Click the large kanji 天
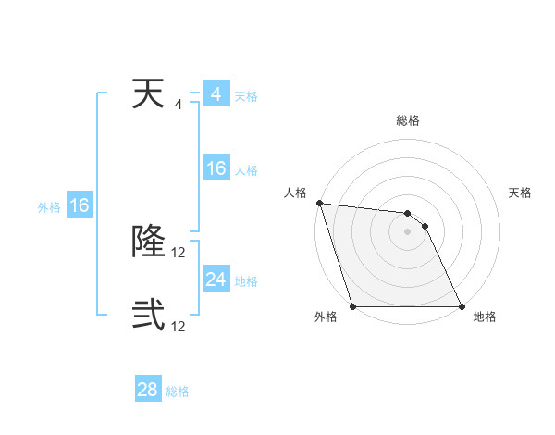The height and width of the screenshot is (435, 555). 149,94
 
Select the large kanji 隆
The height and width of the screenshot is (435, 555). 149,242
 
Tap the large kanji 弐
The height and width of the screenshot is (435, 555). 149,315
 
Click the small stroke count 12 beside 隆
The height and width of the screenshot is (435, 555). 179,252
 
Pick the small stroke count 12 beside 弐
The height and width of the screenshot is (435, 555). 179,326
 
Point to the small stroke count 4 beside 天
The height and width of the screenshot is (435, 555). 179,105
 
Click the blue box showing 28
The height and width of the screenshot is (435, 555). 148,390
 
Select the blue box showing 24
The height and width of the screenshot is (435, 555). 216,279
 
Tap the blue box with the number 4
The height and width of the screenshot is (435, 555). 216,94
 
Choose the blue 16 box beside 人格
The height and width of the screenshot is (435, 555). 216,168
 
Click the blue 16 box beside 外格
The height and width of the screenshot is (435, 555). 80,205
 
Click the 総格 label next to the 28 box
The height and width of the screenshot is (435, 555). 178,391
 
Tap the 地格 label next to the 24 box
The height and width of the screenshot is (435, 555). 246,281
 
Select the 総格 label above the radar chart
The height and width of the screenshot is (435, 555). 408,120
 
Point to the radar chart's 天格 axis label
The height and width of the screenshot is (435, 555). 520,193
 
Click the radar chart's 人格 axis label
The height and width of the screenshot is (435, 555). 295,193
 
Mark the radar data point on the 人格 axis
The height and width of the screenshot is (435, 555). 319,203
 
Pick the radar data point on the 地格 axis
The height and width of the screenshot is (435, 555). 461,306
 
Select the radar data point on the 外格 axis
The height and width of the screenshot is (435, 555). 353,306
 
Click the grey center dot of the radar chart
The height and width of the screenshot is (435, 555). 408,231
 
